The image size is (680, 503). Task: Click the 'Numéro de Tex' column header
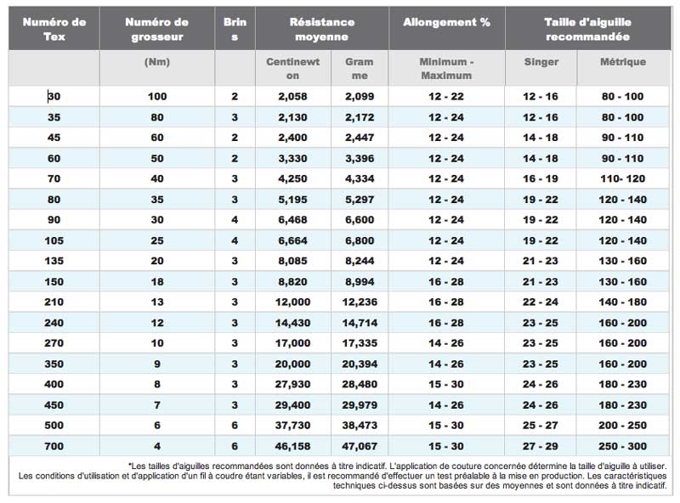(x=54, y=29)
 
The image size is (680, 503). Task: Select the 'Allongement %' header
(x=447, y=22)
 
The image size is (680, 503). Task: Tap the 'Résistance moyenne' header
(x=322, y=29)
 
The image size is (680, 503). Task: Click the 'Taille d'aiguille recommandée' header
(x=587, y=29)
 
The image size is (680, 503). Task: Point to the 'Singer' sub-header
(x=541, y=61)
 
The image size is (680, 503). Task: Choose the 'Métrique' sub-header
(x=623, y=61)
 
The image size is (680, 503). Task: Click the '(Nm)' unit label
(x=157, y=62)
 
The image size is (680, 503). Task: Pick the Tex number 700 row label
(x=54, y=446)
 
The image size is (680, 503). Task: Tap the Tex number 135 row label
(x=54, y=261)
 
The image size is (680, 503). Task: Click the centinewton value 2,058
(x=292, y=96)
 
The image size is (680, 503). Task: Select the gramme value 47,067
(x=360, y=446)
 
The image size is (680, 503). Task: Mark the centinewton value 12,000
(x=292, y=302)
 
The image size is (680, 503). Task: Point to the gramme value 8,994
(x=360, y=281)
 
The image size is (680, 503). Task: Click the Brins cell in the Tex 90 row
(x=235, y=219)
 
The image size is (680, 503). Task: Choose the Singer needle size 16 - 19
(x=541, y=178)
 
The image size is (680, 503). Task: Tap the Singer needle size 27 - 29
(x=541, y=446)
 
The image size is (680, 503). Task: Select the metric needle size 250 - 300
(x=623, y=446)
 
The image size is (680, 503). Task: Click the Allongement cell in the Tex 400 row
(x=446, y=384)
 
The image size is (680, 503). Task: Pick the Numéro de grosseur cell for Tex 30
(x=157, y=96)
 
